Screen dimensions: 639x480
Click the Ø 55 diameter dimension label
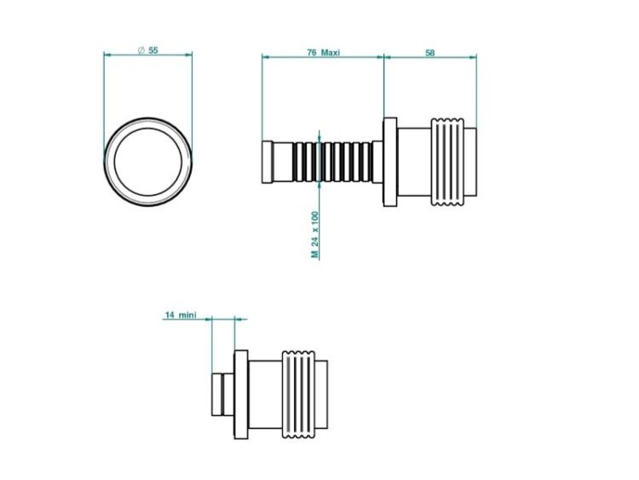[147, 50]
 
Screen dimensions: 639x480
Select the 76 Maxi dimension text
[323, 53]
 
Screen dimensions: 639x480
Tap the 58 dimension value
[430, 53]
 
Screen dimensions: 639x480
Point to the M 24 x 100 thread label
[314, 234]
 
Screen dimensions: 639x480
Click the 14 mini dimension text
[181, 315]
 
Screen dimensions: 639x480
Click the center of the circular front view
[148, 162]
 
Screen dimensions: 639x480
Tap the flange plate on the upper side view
[390, 162]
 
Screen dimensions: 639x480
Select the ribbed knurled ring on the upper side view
[447, 162]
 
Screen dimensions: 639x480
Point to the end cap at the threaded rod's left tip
[268, 162]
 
